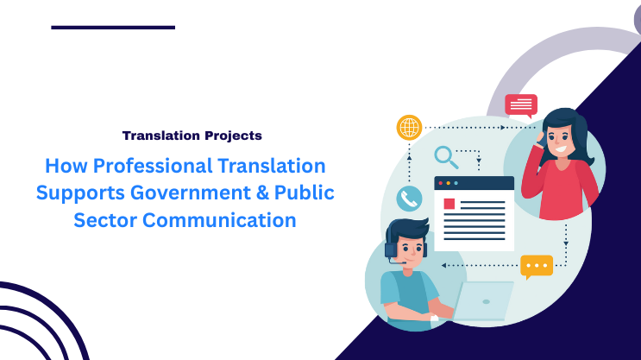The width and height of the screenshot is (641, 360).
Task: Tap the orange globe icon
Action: (x=409, y=127)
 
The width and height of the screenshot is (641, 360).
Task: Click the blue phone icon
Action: (x=409, y=199)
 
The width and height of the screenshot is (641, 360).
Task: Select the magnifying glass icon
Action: (x=446, y=157)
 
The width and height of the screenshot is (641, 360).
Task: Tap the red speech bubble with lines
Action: (x=521, y=105)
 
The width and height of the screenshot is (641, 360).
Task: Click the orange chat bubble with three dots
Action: (x=536, y=265)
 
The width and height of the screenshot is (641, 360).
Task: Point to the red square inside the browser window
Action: (x=449, y=204)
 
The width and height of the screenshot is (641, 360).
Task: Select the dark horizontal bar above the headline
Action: (x=113, y=28)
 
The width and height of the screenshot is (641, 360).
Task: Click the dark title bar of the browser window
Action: (x=474, y=183)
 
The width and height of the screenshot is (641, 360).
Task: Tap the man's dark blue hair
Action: (x=405, y=231)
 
